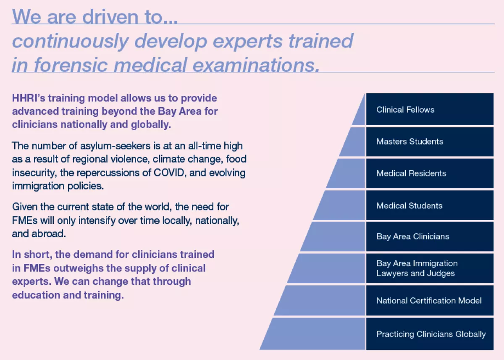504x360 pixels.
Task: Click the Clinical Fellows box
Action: click(x=430, y=109)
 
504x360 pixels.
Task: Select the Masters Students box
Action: click(x=430, y=142)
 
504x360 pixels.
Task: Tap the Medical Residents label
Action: click(x=411, y=173)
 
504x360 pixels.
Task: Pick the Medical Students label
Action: click(x=409, y=206)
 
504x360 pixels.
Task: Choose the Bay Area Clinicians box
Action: click(x=430, y=236)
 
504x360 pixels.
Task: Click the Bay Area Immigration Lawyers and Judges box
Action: click(x=430, y=268)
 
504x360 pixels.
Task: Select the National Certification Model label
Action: click(x=429, y=301)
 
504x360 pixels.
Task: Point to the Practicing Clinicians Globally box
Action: click(x=430, y=334)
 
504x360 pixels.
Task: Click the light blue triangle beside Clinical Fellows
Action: click(x=360, y=115)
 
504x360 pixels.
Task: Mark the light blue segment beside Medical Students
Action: click(x=342, y=205)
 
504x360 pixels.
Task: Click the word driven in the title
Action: click(x=110, y=17)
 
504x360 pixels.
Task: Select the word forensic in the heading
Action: click(x=71, y=65)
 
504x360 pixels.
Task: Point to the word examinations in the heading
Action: click(x=256, y=65)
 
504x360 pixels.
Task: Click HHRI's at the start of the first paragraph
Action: click(x=29, y=98)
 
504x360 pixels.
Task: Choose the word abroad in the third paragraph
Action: click(x=49, y=234)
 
